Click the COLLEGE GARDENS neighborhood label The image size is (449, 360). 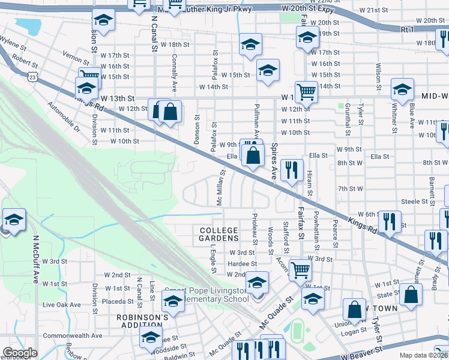(x=219, y=234)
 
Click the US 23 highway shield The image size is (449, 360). (x=32, y=76)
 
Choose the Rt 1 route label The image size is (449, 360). (x=407, y=29)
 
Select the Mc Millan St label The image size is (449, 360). (x=220, y=187)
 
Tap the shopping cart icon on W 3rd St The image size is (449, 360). (x=300, y=269)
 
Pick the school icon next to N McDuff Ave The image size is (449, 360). (x=13, y=219)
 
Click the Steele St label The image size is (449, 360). (x=414, y=202)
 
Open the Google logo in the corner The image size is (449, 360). (x=20, y=353)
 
